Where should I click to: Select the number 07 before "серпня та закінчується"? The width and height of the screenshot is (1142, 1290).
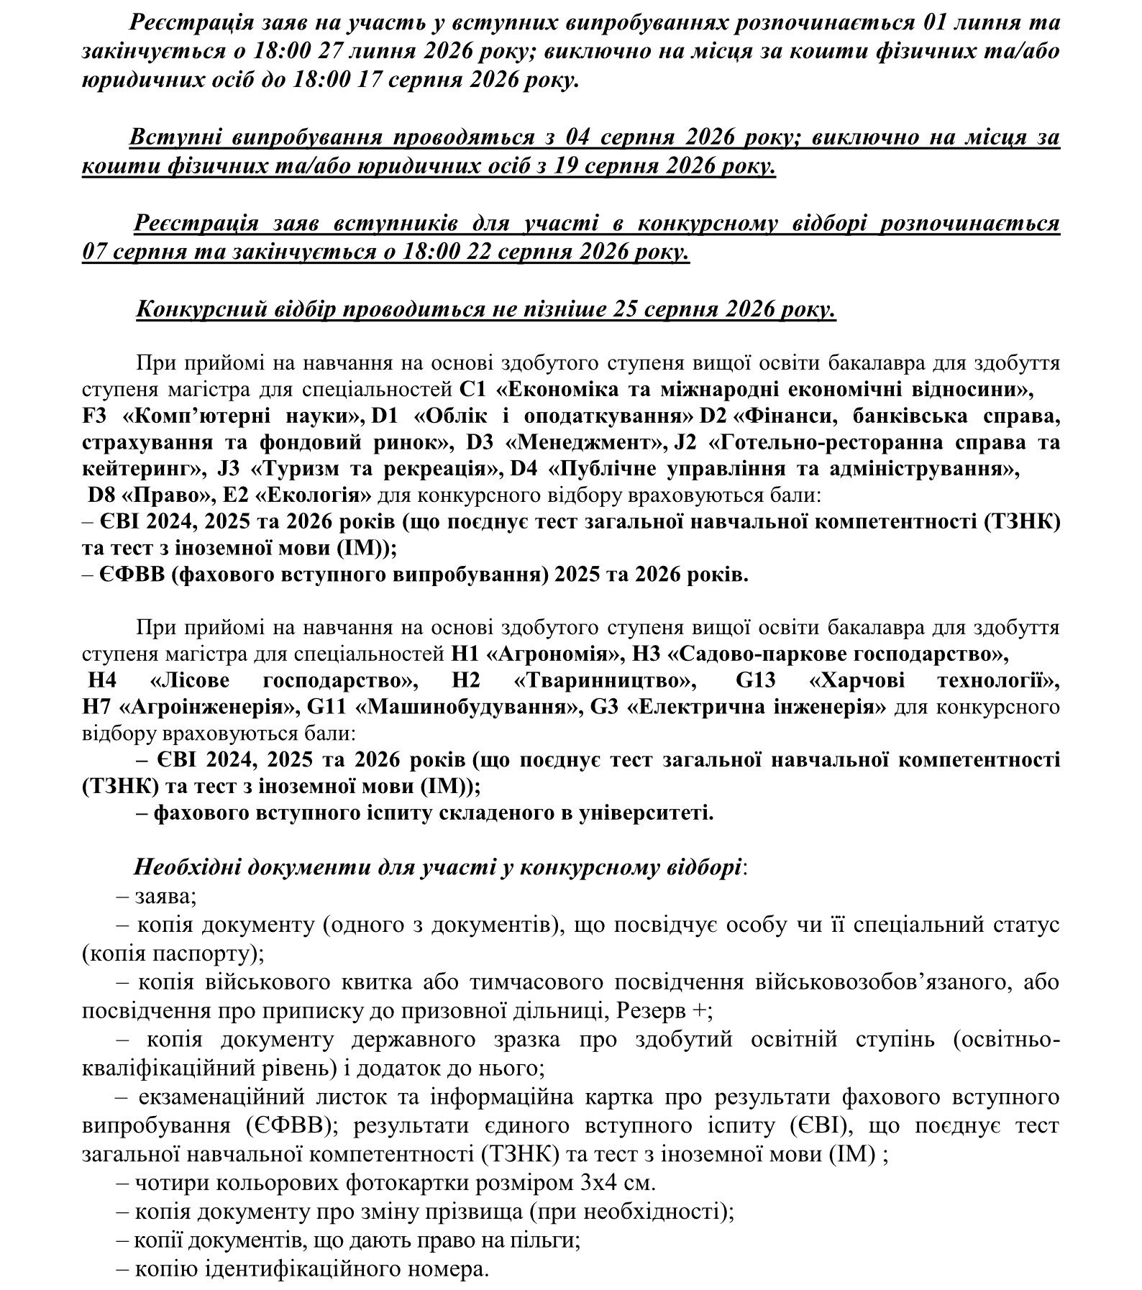point(96,252)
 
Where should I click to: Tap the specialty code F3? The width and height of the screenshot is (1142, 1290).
point(96,416)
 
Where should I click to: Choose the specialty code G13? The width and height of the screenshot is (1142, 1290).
point(757,681)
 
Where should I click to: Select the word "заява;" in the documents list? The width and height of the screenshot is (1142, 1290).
point(165,897)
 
